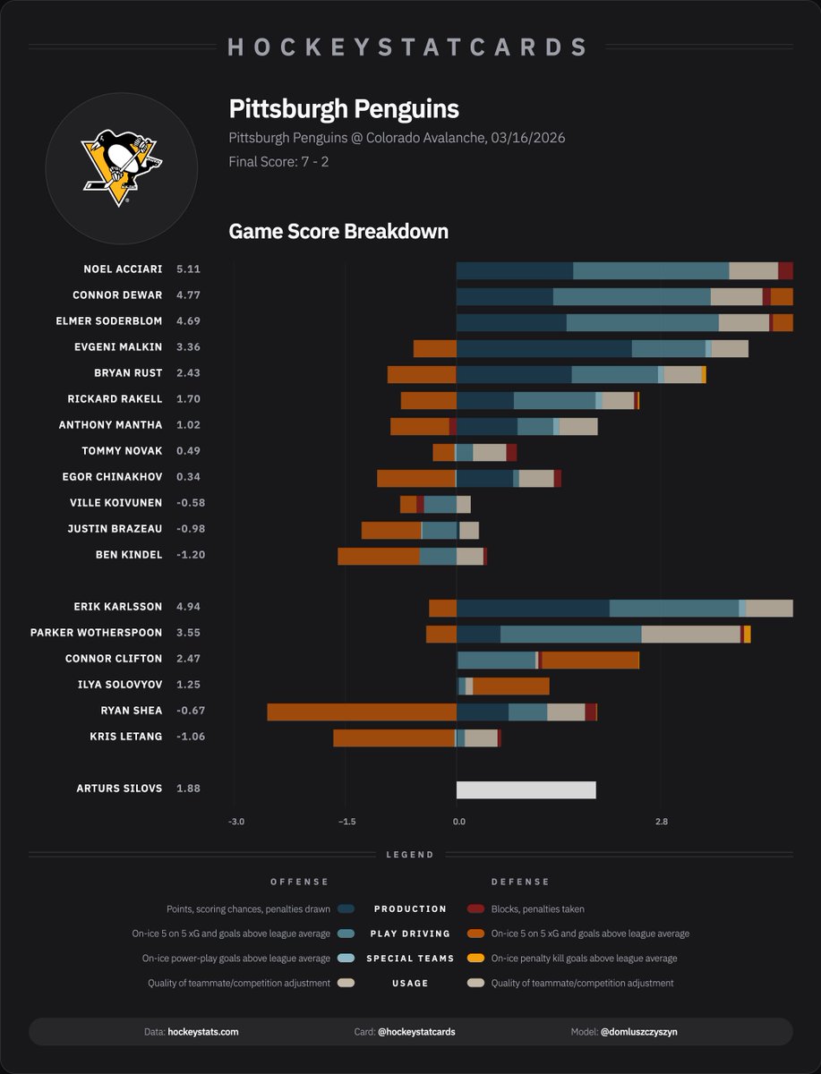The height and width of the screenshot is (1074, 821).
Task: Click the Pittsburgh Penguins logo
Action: [121, 166]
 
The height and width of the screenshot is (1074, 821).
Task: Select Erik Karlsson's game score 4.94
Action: [189, 607]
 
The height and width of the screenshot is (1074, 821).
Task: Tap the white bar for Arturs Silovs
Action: [526, 789]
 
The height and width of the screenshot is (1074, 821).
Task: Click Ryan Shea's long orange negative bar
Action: [362, 712]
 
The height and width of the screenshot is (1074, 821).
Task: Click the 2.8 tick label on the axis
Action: [661, 822]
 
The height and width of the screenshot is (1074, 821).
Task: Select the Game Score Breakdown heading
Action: [338, 232]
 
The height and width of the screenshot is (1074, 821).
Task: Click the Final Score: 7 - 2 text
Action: [278, 163]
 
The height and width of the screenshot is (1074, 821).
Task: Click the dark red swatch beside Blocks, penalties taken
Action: [475, 909]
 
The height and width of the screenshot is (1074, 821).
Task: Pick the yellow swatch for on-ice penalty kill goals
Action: [475, 959]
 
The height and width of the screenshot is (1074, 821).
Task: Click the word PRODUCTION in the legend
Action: [410, 909]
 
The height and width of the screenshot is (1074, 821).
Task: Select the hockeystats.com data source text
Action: [203, 1032]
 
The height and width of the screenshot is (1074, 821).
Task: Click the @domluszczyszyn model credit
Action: [638, 1032]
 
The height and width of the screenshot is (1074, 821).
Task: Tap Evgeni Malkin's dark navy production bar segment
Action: [543, 349]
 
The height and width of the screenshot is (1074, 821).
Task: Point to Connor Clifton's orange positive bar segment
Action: [590, 660]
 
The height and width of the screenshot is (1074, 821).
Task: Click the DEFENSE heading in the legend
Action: [520, 882]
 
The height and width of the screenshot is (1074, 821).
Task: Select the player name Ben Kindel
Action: [129, 555]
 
